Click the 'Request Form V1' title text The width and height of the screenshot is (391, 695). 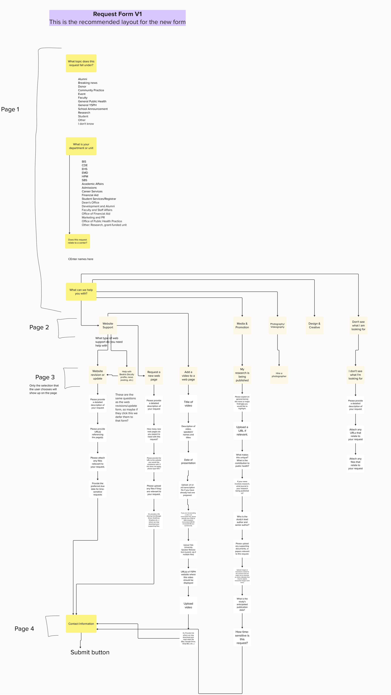tap(117, 14)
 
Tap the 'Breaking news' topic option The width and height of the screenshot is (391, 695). tap(88, 83)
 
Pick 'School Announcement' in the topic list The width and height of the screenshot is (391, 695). tap(93, 109)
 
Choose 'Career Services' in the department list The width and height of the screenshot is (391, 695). tap(92, 191)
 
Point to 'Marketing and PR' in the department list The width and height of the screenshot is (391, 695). tap(93, 217)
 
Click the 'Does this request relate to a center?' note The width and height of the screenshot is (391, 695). tap(77, 241)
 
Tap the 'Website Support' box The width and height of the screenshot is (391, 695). tap(108, 325)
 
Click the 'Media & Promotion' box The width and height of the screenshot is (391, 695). tap(242, 325)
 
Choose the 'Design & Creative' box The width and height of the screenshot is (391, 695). tap(314, 325)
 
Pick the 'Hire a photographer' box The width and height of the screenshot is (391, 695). tap(279, 375)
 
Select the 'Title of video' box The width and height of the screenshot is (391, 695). tap(188, 404)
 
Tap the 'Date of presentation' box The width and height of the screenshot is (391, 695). tap(188, 461)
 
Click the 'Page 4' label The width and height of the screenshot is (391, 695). tap(24, 629)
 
